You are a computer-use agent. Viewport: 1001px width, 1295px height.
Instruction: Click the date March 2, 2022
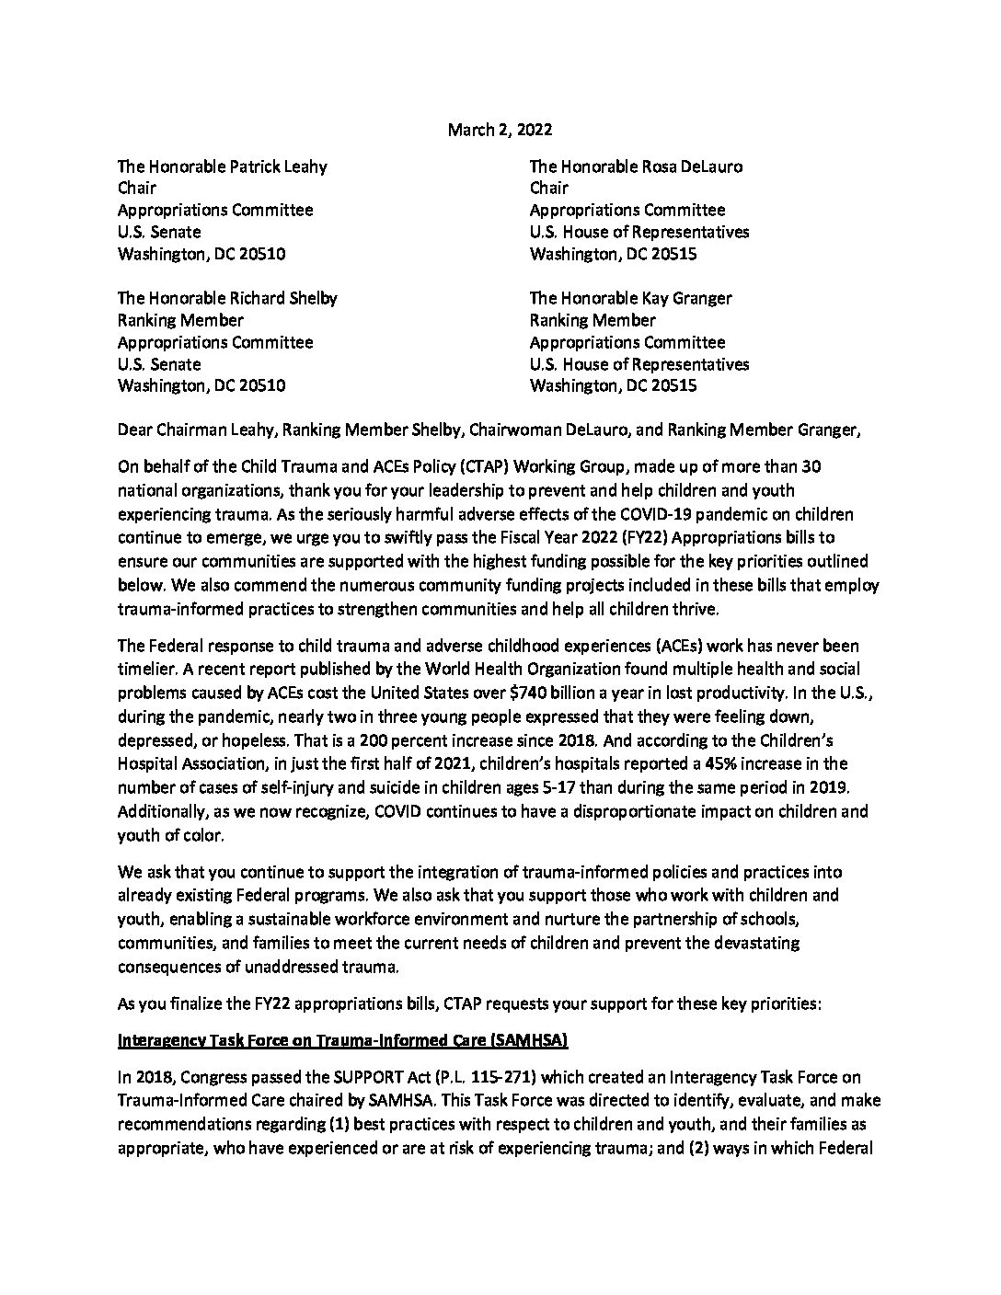click(500, 130)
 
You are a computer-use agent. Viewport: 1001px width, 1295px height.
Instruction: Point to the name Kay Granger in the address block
click(682, 298)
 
